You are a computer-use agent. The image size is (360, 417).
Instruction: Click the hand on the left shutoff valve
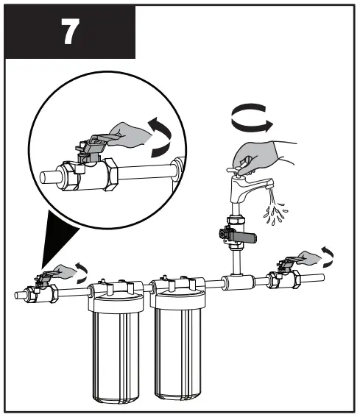pos(66,271)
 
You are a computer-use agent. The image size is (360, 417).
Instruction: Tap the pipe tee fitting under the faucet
pos(236,280)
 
